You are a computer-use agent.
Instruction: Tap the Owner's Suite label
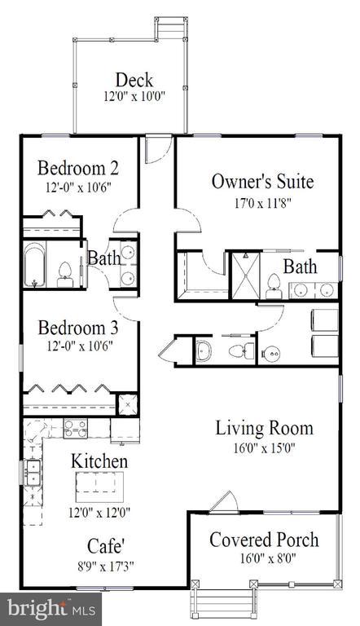[262, 181]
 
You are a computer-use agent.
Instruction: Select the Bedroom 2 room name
[79, 169]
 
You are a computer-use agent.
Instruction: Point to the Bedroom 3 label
[79, 328]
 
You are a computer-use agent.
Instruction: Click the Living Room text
[264, 427]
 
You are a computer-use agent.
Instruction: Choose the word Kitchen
[99, 461]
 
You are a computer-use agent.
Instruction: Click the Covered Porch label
[264, 539]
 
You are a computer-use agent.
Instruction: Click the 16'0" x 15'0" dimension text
[264, 447]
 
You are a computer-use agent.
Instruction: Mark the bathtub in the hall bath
[36, 265]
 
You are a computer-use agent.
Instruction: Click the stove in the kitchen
[76, 429]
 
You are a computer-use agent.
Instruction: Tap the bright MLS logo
[51, 607]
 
